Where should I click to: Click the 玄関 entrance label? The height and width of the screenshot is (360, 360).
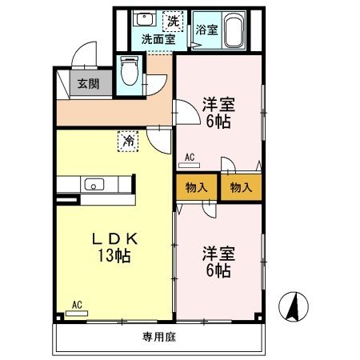pos(88,84)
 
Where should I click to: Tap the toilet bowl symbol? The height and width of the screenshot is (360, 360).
pos(130,70)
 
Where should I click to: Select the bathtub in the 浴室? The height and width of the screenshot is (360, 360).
pos(234,30)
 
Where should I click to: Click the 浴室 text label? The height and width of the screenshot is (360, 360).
pos(206,30)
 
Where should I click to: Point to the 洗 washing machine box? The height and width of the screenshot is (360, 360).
pos(173,21)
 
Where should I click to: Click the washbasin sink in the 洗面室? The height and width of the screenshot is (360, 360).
pos(144,18)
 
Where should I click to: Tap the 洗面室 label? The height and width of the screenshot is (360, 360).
pos(158,39)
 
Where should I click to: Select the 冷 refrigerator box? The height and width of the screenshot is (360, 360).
pos(128,142)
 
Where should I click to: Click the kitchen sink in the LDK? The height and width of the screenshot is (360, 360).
pos(94,184)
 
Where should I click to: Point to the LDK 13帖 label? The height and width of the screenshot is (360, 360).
pos(114,247)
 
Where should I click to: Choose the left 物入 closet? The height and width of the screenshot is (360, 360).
pos(197,187)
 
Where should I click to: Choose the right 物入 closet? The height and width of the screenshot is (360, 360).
pos(241,187)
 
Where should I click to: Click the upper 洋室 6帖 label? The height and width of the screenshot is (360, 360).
pos(218,113)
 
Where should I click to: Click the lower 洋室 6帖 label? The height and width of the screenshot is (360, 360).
pos(218,262)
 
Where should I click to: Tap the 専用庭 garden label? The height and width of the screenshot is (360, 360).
pos(159,338)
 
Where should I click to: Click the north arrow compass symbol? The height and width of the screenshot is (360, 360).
pos(294,306)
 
